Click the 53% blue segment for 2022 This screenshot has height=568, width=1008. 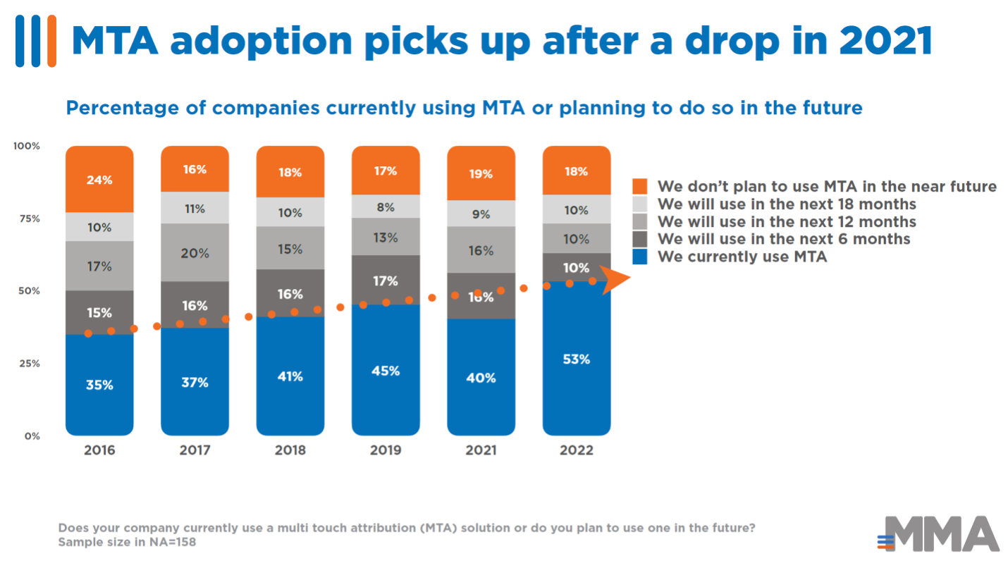click(576, 359)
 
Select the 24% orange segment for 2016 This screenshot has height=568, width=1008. click(99, 179)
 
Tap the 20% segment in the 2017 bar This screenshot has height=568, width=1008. click(195, 252)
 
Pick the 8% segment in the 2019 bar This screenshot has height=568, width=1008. click(386, 207)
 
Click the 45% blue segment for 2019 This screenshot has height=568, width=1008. click(386, 370)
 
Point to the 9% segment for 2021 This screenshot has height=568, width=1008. click(481, 214)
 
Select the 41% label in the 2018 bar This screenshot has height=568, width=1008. click(290, 376)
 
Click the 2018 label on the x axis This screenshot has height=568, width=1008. click(290, 450)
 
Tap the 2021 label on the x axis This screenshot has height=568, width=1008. click(481, 450)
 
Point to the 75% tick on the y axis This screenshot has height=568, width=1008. click(29, 218)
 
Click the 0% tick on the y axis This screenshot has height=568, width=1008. click(32, 436)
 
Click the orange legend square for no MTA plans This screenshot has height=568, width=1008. click(640, 187)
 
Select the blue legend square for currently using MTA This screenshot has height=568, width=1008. click(640, 257)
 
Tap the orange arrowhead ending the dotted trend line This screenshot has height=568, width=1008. click(615, 279)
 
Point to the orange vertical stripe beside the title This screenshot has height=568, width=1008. click(51, 40)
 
